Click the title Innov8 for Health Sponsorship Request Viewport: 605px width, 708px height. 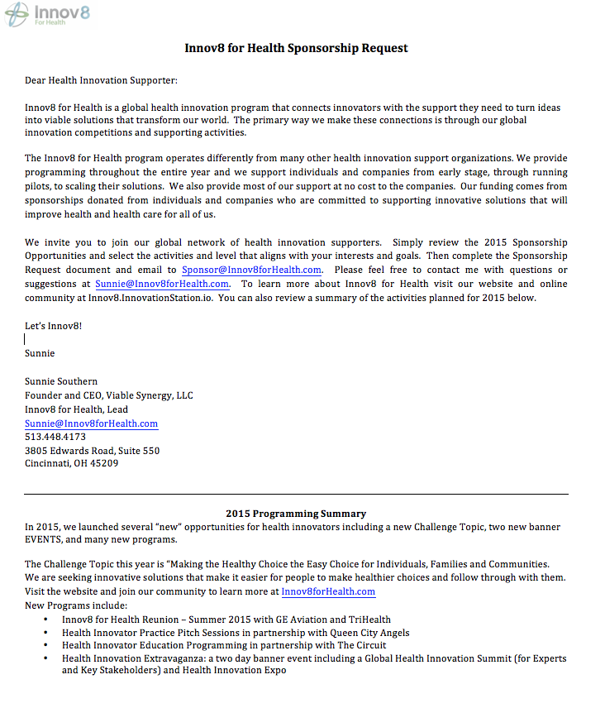[x=296, y=48]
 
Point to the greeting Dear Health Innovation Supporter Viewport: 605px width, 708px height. [x=101, y=80]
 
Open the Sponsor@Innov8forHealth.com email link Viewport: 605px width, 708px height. [x=251, y=270]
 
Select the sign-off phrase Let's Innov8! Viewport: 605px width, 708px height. [x=53, y=325]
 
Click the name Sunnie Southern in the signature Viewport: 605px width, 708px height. [x=61, y=381]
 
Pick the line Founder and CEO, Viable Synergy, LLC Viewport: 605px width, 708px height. [x=108, y=395]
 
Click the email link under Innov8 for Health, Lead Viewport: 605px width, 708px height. [x=91, y=423]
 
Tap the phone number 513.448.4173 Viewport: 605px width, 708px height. [x=55, y=437]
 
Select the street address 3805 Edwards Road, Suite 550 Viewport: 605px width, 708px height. [x=92, y=451]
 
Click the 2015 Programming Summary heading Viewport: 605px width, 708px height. [x=296, y=514]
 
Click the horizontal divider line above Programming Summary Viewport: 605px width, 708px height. [x=296, y=494]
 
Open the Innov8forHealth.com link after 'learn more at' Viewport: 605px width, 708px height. [x=328, y=591]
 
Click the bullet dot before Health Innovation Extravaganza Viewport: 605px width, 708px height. [x=50, y=659]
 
